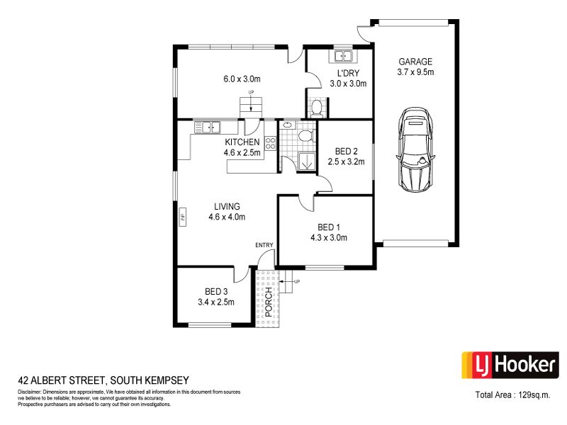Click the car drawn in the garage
click(x=415, y=149)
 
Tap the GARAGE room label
click(x=415, y=62)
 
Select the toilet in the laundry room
click(x=317, y=108)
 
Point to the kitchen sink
click(x=207, y=127)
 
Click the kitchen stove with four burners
click(x=271, y=143)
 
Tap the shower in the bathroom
click(x=307, y=161)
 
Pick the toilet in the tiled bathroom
click(x=305, y=135)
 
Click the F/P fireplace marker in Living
click(x=183, y=217)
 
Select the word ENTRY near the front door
click(x=264, y=245)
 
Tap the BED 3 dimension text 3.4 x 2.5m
click(x=216, y=302)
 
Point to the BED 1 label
click(x=329, y=227)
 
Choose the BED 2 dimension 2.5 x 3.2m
click(x=346, y=161)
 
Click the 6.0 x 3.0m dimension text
click(x=242, y=79)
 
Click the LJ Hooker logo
click(x=510, y=365)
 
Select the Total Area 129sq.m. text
click(x=512, y=395)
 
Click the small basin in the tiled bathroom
click(x=288, y=125)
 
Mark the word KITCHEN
click(x=242, y=142)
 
